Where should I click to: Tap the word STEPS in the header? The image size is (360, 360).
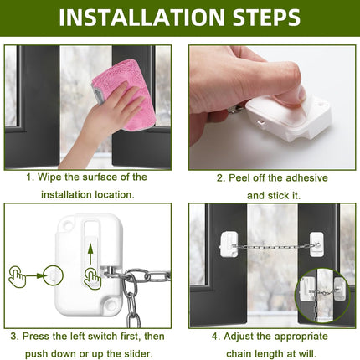(x=266, y=18)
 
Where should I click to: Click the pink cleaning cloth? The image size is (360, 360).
(x=123, y=94)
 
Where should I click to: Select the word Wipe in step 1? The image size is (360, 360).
(x=49, y=177)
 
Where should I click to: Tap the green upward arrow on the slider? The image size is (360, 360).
(x=90, y=254)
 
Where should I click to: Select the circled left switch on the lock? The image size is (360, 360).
(x=54, y=275)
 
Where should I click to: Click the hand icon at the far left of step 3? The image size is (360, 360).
(x=18, y=276)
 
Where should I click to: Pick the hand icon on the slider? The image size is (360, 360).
(x=92, y=278)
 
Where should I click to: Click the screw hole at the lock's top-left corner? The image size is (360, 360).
(x=66, y=224)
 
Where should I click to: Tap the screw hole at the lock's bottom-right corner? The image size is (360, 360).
(x=111, y=305)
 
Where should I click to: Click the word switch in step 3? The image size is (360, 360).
(x=102, y=336)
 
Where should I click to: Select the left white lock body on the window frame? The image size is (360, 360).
(x=229, y=244)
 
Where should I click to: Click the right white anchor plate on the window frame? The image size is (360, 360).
(x=317, y=244)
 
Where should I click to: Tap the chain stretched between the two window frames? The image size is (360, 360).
(x=275, y=247)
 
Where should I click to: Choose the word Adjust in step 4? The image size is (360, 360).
(x=239, y=337)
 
